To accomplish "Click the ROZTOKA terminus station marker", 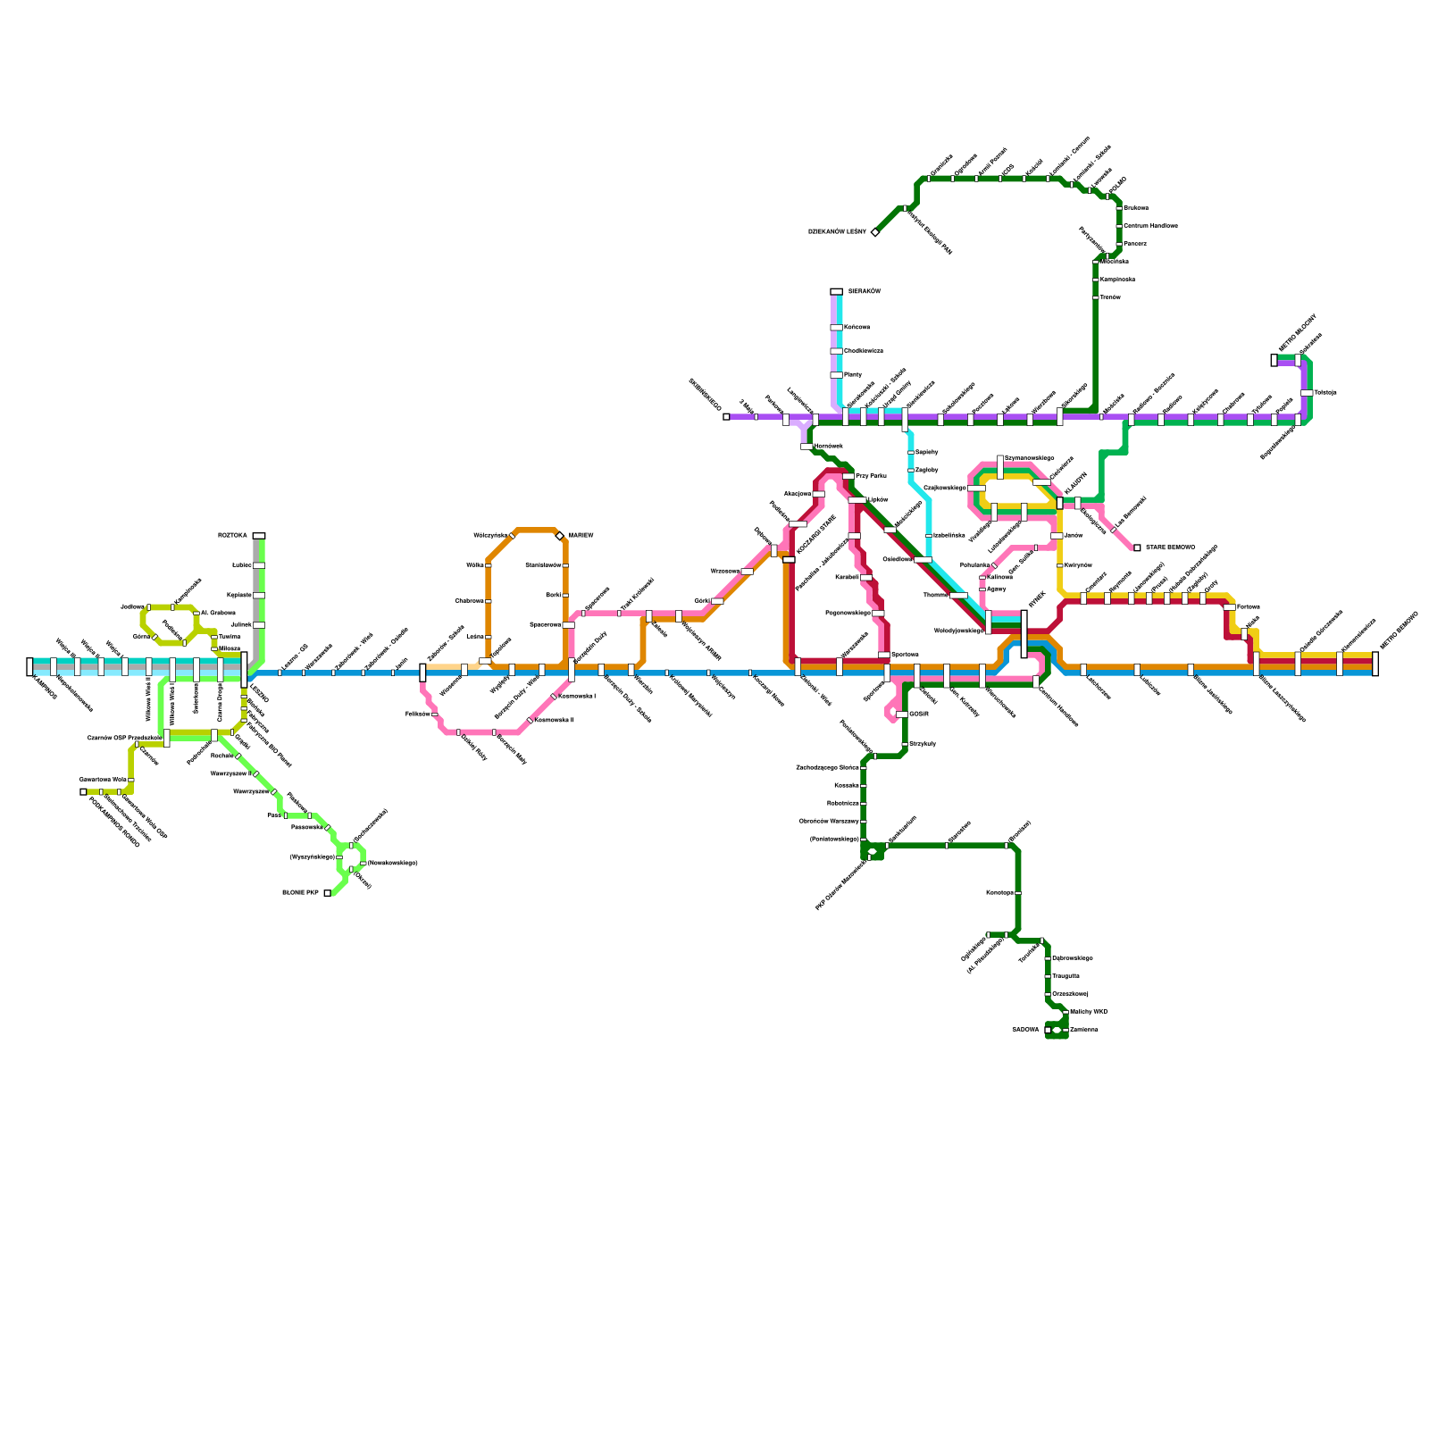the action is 259,536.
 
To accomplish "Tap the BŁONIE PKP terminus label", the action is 300,892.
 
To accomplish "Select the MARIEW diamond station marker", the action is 560,536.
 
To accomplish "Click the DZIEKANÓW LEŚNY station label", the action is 837,231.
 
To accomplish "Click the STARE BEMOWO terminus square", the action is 1137,547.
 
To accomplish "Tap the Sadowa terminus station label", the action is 1026,1029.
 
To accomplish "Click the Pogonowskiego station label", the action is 848,613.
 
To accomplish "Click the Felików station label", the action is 417,714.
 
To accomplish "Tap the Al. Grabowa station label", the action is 218,613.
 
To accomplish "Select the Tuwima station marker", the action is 214,637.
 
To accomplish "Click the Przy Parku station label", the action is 871,476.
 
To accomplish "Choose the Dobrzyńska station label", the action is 1078,565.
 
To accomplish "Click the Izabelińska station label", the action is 948,536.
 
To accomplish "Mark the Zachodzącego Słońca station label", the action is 827,767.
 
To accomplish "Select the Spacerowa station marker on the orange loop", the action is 568,624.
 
